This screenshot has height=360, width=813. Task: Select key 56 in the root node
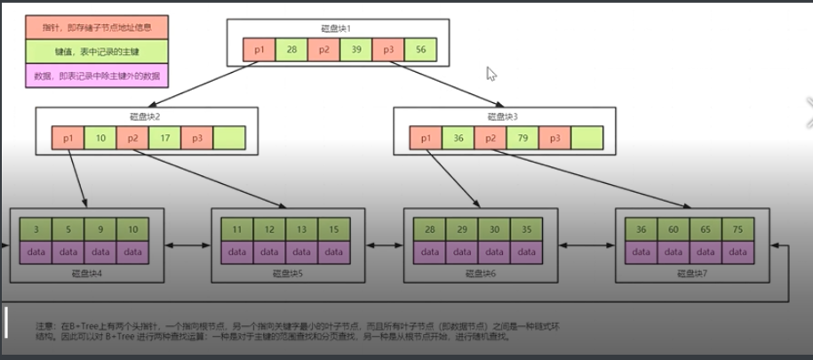pos(420,51)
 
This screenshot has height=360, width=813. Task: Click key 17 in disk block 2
pos(164,138)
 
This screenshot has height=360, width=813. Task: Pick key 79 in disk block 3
pos(522,138)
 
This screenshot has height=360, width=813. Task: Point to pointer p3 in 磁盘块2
pos(196,138)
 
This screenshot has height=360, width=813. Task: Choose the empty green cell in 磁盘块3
pos(586,138)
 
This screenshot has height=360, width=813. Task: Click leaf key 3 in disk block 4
pos(36,230)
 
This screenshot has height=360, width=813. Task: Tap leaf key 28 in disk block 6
pos(430,230)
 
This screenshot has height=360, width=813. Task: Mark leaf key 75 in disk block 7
pos(737,230)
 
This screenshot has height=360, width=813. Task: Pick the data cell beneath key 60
pos(674,252)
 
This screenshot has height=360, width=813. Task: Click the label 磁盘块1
pos(338,28)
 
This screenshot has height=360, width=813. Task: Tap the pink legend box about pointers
pos(97,28)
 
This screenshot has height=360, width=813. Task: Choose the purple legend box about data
pos(97,74)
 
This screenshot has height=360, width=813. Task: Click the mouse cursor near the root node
pos(491,74)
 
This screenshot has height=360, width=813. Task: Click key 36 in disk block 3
pos(458,138)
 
